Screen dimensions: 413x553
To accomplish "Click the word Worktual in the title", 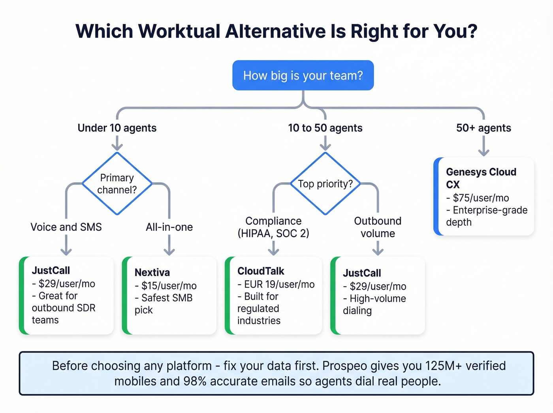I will [179, 32].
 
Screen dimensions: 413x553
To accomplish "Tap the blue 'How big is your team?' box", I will [303, 75].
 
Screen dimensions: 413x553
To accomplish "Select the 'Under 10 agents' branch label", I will [117, 128].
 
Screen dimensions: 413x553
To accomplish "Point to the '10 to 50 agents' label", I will [325, 128].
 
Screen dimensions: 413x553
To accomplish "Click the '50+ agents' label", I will [483, 128].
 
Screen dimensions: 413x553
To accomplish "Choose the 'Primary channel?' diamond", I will [117, 184].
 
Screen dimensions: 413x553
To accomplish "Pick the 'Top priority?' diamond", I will [325, 184].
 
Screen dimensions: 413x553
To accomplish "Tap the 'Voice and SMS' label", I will [66, 227].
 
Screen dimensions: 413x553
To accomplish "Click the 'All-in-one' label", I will [169, 227].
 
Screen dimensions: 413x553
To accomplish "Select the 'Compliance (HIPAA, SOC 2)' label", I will [273, 227].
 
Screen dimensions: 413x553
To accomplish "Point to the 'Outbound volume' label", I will [378, 227].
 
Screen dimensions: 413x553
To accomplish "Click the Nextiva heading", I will [152, 273].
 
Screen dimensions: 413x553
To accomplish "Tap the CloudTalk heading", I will [261, 271].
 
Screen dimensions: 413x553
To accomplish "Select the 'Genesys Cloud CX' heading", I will [481, 178].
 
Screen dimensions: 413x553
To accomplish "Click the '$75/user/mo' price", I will [481, 198].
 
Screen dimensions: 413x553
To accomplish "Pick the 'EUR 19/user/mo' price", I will [279, 285].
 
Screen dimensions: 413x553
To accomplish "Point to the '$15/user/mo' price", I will [169, 286].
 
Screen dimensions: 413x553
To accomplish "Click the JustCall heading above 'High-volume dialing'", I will [362, 273].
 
